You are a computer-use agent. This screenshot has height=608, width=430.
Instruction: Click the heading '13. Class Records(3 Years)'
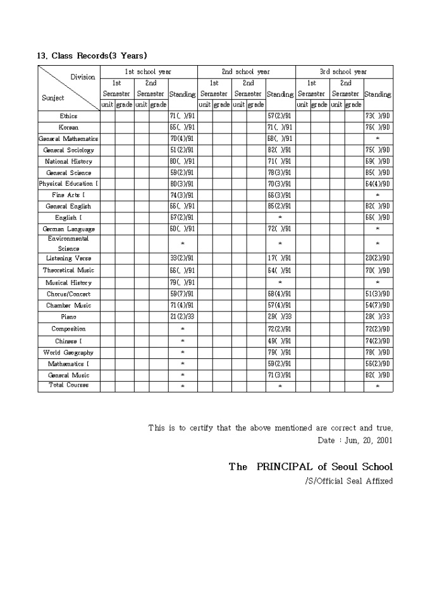pos(92,56)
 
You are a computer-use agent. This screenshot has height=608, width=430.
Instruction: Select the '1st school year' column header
pos(148,72)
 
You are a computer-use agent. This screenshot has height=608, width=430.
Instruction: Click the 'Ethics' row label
pos(68,116)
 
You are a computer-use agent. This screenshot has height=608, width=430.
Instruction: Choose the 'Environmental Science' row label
pos(68,243)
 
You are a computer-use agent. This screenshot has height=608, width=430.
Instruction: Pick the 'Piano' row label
pos(68,317)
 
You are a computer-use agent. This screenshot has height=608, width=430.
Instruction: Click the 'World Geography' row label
pos(68,352)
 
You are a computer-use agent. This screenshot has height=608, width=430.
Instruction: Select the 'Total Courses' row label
pos(68,385)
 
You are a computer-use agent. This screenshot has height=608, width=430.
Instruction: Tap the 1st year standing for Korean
pos(182,128)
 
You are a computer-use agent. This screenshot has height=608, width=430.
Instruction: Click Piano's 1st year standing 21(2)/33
pos(182,317)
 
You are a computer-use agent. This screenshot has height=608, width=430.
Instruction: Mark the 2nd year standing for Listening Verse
pos(279,258)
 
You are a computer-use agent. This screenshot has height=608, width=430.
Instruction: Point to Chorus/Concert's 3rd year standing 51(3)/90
pos(378,294)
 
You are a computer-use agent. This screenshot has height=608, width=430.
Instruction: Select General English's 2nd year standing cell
pos(279,206)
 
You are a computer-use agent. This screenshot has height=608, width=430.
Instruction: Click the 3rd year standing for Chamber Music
pos(378,305)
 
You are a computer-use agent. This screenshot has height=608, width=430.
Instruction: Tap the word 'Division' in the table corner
pos(83,77)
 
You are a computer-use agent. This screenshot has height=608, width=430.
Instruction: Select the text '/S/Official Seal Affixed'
pos(348,481)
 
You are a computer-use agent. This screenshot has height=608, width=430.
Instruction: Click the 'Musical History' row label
pos(68,283)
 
